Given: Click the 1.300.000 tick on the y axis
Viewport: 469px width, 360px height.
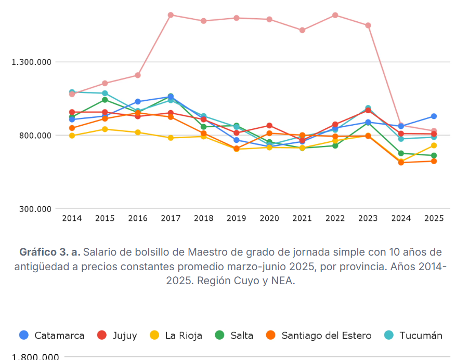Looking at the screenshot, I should pos(32,62).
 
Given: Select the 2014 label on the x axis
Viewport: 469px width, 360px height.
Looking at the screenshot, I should pos(72,219).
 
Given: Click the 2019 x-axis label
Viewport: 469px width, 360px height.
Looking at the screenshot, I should pos(237,219).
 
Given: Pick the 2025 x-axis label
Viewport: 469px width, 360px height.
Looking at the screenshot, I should pos(434,219).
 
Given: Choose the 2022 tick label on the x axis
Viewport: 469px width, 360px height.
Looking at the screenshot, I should pos(335,219).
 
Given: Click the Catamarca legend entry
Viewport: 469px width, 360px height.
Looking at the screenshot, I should pos(52,336).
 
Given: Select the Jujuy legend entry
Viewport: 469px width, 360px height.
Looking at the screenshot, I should pos(118,336).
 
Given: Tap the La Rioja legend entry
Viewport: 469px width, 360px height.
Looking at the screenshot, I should pos(176,336).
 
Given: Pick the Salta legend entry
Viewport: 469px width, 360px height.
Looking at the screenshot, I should pos(234,336).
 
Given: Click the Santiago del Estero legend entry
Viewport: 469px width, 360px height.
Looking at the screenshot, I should pos(319,336).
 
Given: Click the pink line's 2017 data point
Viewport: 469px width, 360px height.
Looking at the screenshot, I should pos(171,15).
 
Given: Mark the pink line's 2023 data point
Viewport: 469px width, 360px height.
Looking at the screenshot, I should pos(368,25).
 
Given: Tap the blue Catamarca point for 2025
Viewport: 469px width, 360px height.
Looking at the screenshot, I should pos(434,116).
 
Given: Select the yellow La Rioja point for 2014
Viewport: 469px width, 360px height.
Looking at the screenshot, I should pos(72,136).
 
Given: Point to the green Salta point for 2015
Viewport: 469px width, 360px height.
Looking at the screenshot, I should pos(105,100).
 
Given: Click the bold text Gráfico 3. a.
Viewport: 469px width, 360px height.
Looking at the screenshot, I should pos(49,252).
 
